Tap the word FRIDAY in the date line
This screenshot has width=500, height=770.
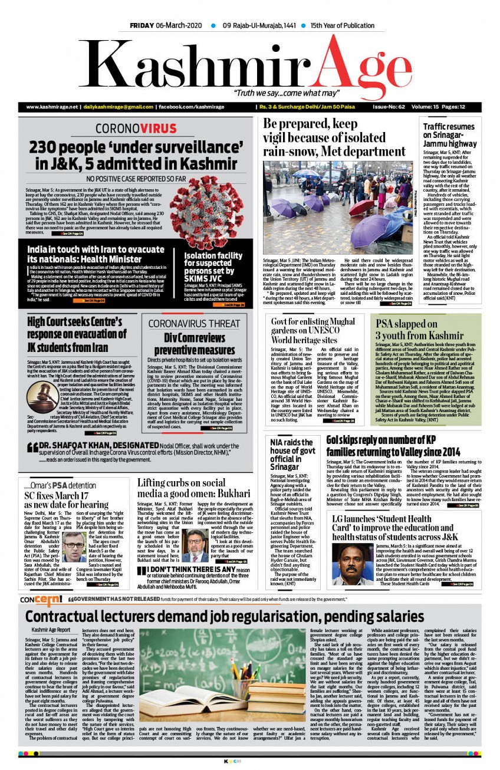142,26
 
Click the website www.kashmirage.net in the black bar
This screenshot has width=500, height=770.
52,107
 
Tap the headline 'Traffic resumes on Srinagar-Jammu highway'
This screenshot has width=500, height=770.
449,135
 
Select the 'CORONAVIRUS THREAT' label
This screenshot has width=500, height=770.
194,324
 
